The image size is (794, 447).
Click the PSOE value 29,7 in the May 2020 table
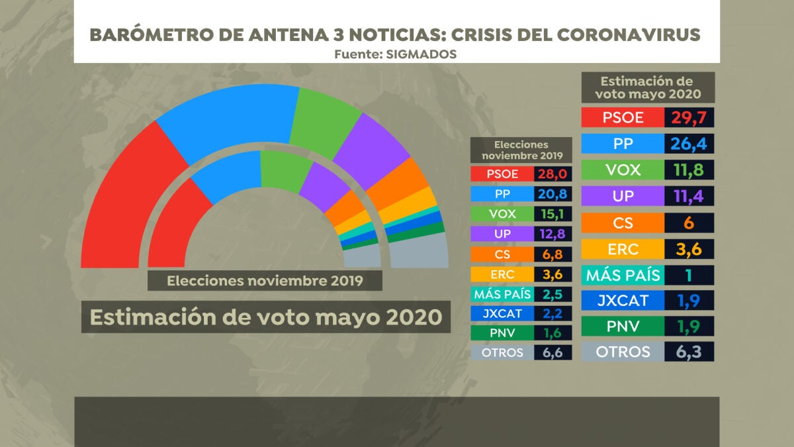tap(689, 118)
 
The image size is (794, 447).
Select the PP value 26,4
tap(689, 144)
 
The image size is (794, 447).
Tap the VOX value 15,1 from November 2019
tap(553, 214)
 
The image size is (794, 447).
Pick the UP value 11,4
tap(689, 195)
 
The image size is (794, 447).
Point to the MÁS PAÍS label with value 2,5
tap(502, 293)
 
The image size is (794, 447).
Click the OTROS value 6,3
tap(689, 352)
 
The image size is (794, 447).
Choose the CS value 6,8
tap(553, 254)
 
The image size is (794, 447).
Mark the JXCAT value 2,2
tap(553, 313)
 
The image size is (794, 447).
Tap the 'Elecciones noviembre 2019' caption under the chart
tap(265, 280)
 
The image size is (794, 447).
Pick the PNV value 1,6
tap(553, 332)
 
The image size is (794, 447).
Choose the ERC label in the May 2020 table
tap(623, 248)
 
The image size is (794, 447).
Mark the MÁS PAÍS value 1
tap(689, 274)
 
